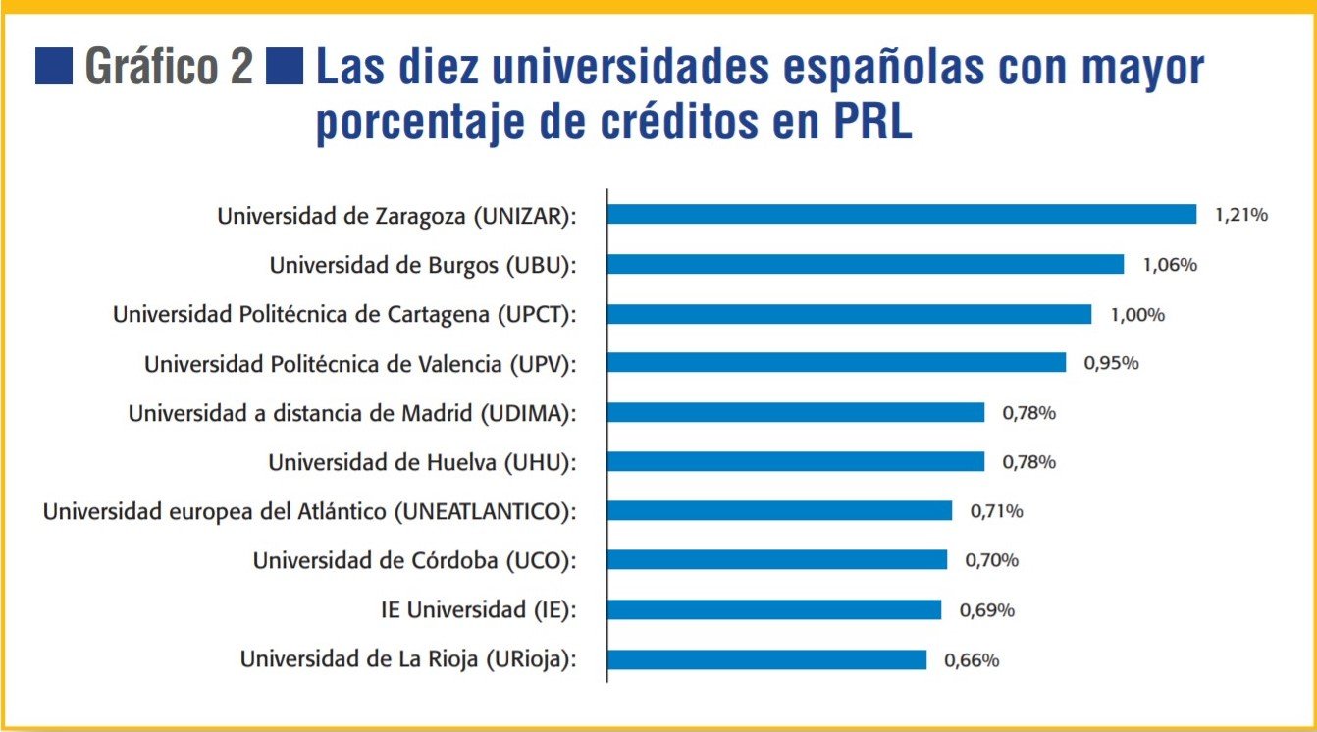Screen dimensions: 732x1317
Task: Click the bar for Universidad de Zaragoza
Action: (x=902, y=215)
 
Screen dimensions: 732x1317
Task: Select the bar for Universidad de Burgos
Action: (x=866, y=264)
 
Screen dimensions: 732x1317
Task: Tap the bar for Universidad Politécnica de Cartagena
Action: (x=849, y=314)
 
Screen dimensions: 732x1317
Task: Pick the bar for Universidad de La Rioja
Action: (x=766, y=659)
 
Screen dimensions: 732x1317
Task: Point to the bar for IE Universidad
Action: (x=774, y=610)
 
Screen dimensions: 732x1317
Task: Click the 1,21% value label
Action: (x=1240, y=215)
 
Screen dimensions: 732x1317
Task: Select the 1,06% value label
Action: (x=1170, y=265)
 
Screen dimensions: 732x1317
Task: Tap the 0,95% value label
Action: (x=1111, y=363)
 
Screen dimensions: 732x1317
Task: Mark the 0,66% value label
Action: (x=972, y=660)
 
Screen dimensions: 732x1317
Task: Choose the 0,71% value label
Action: (x=997, y=511)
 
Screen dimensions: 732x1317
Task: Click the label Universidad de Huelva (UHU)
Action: (x=422, y=462)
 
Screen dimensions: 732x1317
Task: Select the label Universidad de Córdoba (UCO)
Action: (x=414, y=561)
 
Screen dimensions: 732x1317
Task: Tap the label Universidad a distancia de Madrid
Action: (x=351, y=413)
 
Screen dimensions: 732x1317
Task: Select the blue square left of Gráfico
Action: (x=54, y=67)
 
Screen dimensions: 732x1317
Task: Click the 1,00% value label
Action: (x=1137, y=315)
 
